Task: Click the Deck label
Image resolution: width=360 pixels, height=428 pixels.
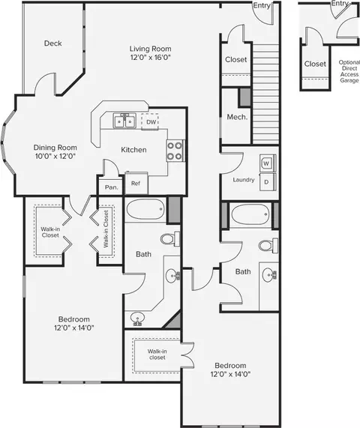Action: coord(53,43)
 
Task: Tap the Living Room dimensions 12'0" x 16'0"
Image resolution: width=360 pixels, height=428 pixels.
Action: coord(151,57)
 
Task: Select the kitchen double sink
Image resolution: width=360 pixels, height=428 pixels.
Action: coord(124,121)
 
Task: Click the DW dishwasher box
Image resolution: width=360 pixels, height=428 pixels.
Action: coord(150,121)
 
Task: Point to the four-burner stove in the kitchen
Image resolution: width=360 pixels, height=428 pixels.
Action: coord(175,151)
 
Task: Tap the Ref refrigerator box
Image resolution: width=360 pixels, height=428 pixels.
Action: coord(136,183)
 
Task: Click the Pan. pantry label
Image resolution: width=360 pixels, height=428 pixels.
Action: coord(112,187)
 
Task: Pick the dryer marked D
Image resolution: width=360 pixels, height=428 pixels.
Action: coord(267,182)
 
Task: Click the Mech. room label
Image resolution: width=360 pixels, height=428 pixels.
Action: coord(237,117)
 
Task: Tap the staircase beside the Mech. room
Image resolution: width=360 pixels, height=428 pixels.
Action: coord(265,94)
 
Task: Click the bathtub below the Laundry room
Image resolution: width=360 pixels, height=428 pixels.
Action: coord(250,214)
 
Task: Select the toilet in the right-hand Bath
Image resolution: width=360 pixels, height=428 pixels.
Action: coord(268,245)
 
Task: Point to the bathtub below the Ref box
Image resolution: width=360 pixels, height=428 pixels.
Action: coord(145,209)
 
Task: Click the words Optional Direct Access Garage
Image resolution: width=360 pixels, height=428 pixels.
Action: coord(349,71)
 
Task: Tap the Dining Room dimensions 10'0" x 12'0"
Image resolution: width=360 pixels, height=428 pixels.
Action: coord(55,156)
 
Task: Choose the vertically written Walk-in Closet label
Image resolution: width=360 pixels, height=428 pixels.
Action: coord(106,229)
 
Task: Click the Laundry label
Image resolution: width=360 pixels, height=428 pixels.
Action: coord(244,180)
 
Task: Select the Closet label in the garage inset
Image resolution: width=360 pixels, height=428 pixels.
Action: coord(315,64)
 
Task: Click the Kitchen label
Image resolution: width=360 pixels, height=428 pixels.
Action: coord(133,150)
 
